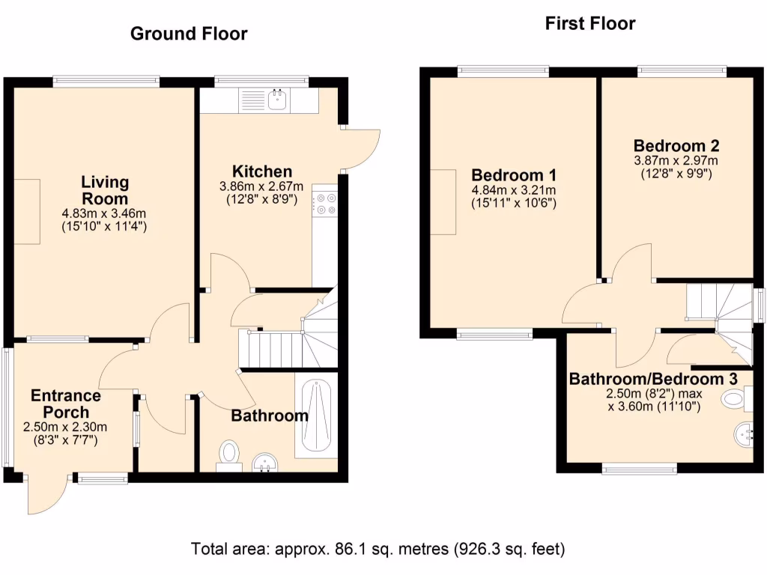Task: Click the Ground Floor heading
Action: [x=189, y=34]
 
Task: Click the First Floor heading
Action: [x=589, y=24]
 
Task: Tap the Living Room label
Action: [x=105, y=190]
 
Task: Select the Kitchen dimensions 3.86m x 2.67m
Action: [x=261, y=186]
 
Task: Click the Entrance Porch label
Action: [x=66, y=404]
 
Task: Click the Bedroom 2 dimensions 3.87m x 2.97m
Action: [x=676, y=160]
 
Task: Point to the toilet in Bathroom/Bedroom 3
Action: [x=735, y=399]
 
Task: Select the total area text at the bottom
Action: [x=378, y=548]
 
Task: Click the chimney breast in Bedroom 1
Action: [x=443, y=202]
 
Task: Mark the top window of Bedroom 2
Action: [x=682, y=71]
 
